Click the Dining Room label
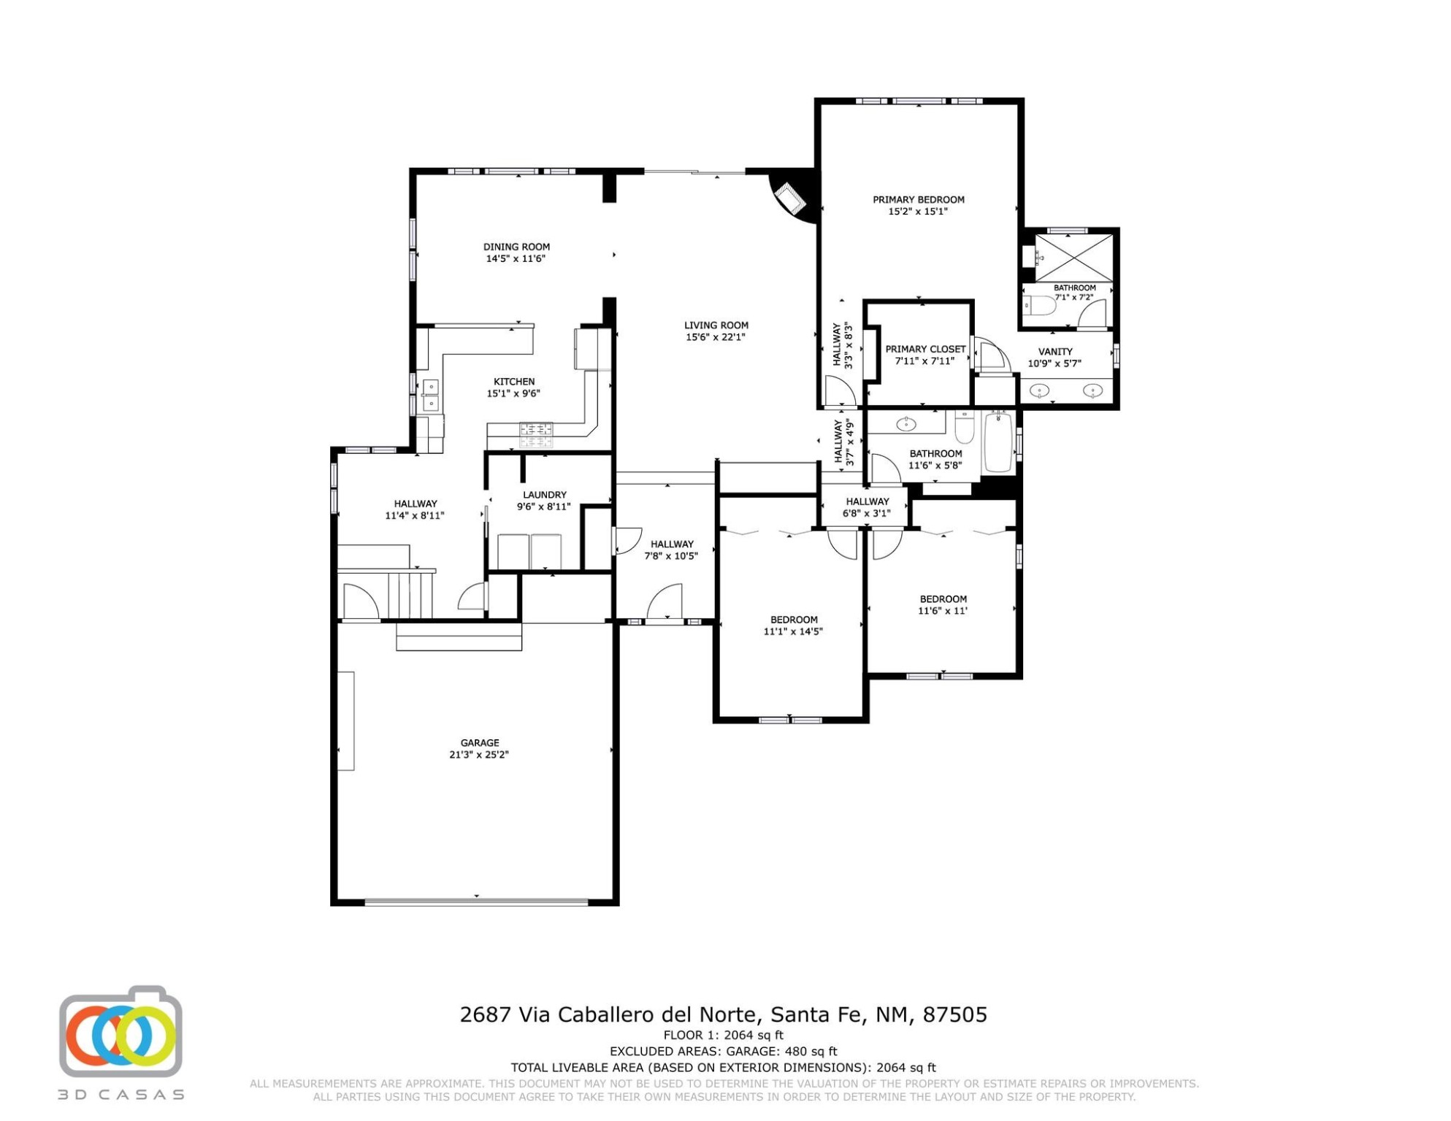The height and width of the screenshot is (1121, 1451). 516,247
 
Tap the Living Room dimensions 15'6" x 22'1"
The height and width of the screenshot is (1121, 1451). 716,337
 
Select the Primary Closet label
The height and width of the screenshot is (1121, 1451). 925,349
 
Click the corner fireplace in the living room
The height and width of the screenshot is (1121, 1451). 791,199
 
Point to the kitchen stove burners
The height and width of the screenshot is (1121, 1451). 536,435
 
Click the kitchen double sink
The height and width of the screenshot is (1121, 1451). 431,395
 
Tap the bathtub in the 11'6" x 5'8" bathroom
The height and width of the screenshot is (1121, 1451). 998,442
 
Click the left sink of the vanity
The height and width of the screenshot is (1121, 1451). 1039,392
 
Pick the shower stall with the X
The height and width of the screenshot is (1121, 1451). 1074,258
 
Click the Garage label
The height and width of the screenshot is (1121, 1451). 480,743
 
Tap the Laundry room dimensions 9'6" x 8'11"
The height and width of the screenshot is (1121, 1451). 544,506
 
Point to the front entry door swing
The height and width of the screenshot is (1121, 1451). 665,601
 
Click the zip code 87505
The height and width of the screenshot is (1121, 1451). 955,1014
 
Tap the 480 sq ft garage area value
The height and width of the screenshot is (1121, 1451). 811,1052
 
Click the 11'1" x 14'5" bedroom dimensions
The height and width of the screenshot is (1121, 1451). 793,631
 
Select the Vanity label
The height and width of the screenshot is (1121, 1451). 1055,352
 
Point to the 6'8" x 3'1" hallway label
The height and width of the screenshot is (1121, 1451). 868,507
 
